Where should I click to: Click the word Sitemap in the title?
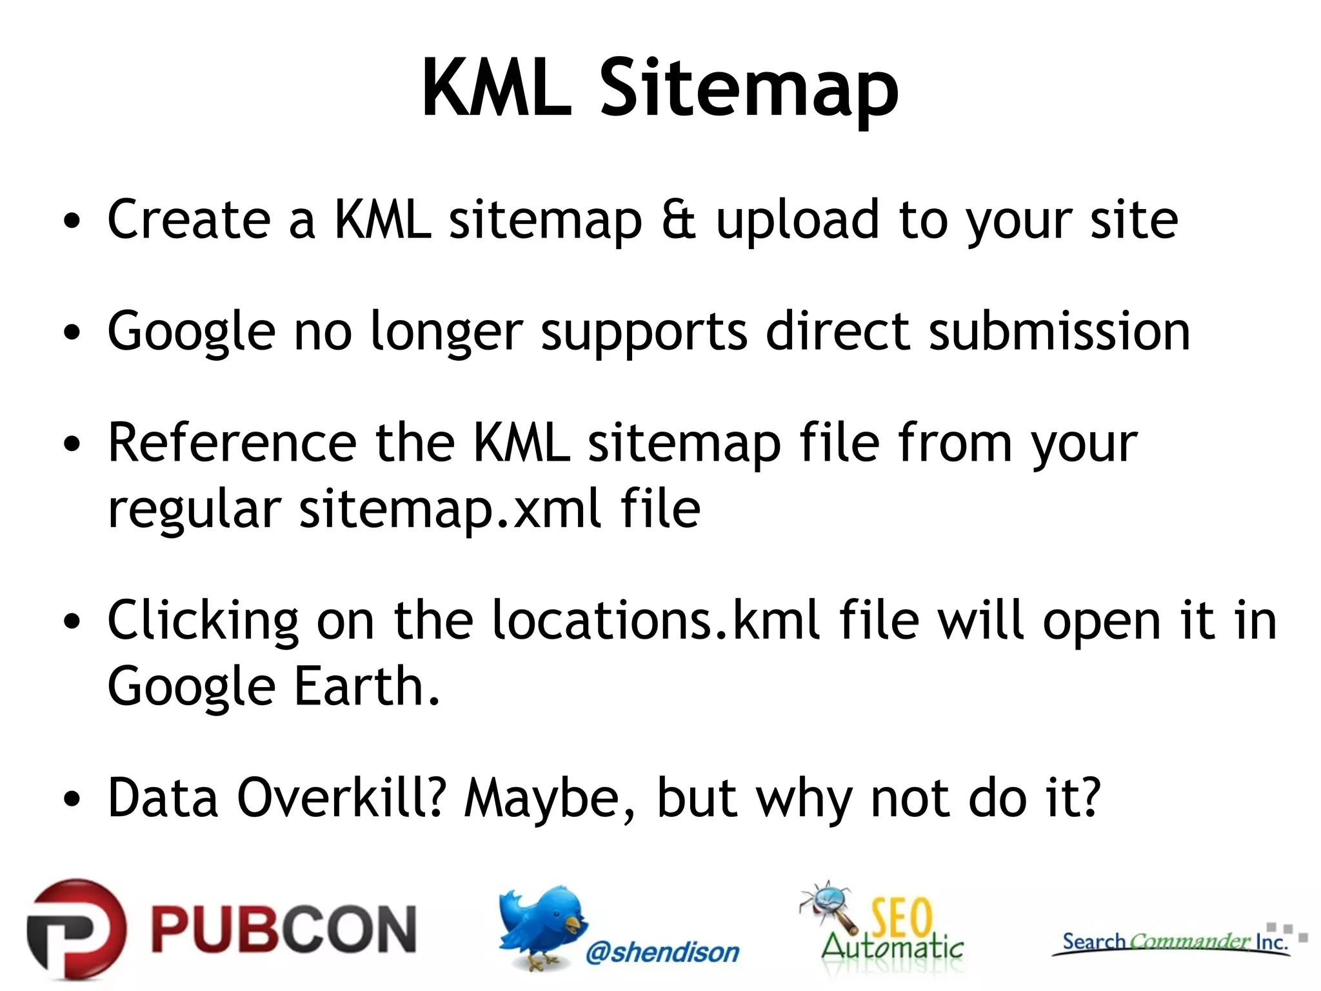point(750,88)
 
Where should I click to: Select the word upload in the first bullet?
point(798,219)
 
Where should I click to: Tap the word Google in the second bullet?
point(192,332)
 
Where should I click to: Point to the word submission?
point(1059,332)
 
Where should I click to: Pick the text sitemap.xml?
point(450,509)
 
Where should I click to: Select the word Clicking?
point(203,621)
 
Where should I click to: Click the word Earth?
point(366,686)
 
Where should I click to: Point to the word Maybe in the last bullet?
point(550,798)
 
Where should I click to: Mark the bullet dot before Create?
point(72,221)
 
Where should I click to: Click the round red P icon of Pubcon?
point(76,930)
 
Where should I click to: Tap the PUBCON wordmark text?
point(284,930)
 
